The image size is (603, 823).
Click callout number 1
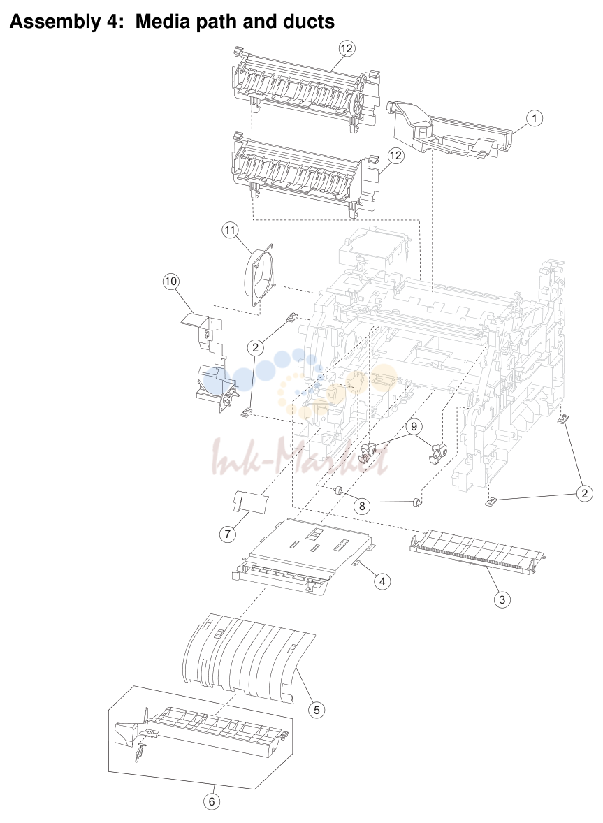pos(535,118)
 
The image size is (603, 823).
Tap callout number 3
pos(502,599)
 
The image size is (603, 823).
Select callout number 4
pos(382,581)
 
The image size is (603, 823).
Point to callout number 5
pos(317,710)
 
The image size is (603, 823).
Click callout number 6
pos(212,801)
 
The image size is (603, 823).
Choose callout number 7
pos(227,534)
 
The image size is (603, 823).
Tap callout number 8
pos(361,506)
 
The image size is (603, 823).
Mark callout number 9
pos(414,426)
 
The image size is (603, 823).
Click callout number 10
pos(170,282)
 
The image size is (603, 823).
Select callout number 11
pos(230,230)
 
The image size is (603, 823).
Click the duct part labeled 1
pos(449,130)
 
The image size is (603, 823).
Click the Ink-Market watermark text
pos(299,458)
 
